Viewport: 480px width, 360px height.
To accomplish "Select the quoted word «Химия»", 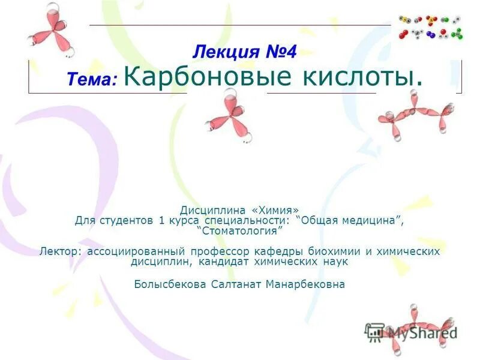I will pos(275,211).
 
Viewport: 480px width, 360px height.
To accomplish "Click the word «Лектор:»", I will pos(62,251).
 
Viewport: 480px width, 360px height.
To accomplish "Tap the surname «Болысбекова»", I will pos(170,284).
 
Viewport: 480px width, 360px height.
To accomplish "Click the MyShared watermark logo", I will pos(412,331).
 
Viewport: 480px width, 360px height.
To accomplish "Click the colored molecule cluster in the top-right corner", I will pos(431,28).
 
